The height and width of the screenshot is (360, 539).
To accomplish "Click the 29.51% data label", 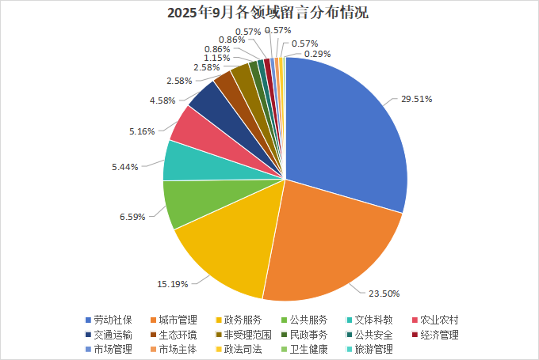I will point(416,100).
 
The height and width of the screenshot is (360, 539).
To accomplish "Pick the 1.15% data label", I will point(216,58).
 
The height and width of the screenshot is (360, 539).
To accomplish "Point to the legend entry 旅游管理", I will point(373,349).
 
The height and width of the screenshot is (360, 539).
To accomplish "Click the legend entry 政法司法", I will point(243,349).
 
